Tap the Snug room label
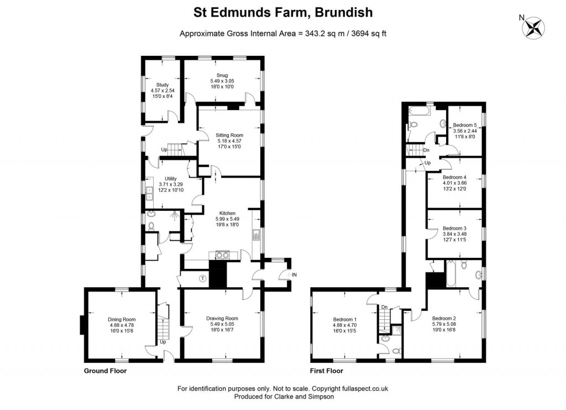pyautogui.click(x=222, y=75)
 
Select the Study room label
pyautogui.click(x=163, y=85)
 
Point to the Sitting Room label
pyautogui.click(x=229, y=135)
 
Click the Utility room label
pyautogui.click(x=171, y=179)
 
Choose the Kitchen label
pyautogui.click(x=227, y=213)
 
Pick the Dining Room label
pyautogui.click(x=122, y=319)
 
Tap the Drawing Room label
pyautogui.click(x=222, y=318)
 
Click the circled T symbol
pyautogui.click(x=203, y=278)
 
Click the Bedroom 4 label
pyautogui.click(x=454, y=178)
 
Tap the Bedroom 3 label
pyautogui.click(x=454, y=229)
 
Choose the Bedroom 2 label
pyautogui.click(x=444, y=319)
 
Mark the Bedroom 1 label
pyautogui.click(x=345, y=319)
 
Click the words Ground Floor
pyautogui.click(x=106, y=371)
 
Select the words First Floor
pyautogui.click(x=327, y=371)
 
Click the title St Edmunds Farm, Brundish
pyautogui.click(x=284, y=12)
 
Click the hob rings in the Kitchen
pyautogui.click(x=222, y=256)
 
